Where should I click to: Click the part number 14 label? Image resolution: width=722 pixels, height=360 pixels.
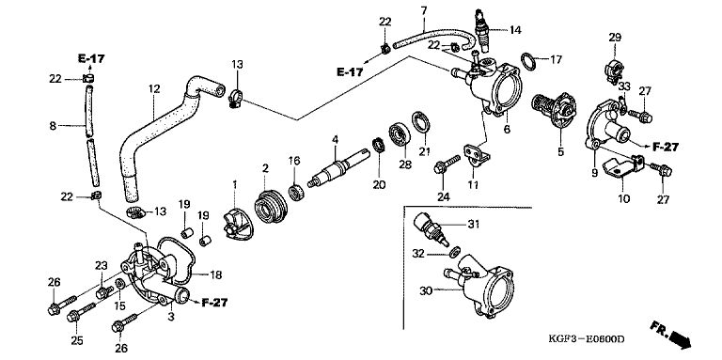click(515, 30)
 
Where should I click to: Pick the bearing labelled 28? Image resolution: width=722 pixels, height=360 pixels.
click(400, 134)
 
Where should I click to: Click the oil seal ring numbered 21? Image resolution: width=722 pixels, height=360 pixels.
click(421, 122)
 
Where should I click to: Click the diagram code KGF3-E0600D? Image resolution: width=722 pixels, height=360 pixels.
click(587, 339)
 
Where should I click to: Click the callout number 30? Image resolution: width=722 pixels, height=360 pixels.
click(426, 291)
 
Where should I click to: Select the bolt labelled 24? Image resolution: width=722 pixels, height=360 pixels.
click(447, 164)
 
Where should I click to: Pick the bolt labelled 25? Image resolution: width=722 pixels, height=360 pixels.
click(81, 312)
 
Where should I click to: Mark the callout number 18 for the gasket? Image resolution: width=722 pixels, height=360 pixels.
click(215, 275)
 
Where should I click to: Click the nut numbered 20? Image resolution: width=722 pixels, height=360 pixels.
click(379, 146)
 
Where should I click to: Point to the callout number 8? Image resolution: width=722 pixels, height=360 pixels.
click(53, 125)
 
